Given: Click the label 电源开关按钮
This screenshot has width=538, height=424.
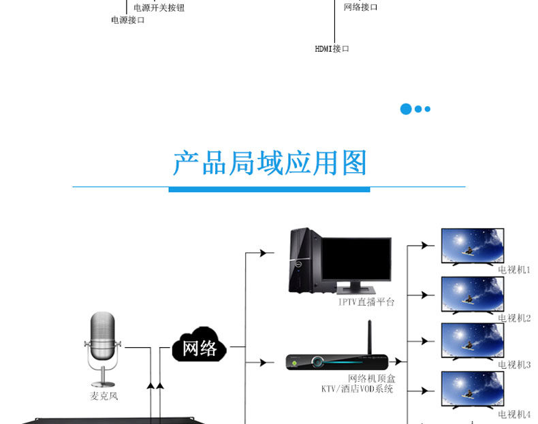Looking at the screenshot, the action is (x=159, y=7).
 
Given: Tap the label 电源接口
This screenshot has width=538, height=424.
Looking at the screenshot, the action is (x=127, y=20).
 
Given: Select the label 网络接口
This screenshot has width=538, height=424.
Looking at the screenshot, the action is (x=361, y=7).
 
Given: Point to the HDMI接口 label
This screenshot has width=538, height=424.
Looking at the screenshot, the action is (x=332, y=49).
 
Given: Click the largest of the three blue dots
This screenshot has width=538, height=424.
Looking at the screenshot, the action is (x=406, y=109).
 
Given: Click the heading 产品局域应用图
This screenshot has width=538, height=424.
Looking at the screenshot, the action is (x=270, y=163).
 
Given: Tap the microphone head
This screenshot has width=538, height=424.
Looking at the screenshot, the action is (x=103, y=336).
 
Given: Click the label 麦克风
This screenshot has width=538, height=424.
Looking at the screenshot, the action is (x=104, y=396).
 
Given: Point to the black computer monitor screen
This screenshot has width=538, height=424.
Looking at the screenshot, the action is (x=356, y=259).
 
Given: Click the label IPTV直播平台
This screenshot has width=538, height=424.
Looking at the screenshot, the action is (x=366, y=302).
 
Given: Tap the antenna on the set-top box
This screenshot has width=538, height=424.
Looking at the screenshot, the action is (x=370, y=338).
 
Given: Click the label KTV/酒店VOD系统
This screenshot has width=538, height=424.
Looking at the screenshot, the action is (x=357, y=389).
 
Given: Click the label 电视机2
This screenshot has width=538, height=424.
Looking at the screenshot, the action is (x=514, y=318).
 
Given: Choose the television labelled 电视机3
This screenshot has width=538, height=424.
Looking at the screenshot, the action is (x=473, y=342).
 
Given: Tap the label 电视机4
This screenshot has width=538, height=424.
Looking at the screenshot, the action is (x=514, y=414).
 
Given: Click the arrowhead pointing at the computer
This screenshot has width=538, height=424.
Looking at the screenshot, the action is (x=263, y=253).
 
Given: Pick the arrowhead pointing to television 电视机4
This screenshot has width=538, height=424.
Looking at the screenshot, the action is (x=424, y=391).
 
